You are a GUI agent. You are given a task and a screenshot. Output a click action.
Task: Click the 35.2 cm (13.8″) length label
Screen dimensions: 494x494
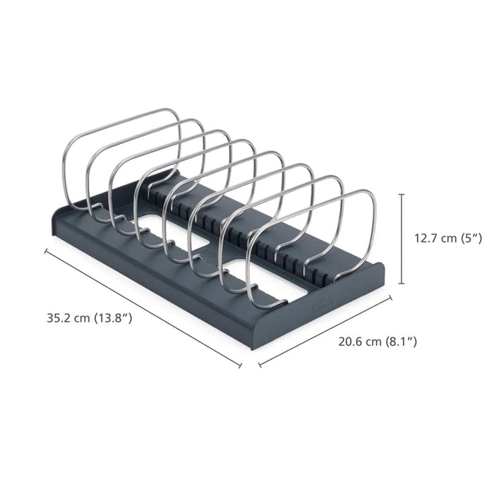pos(90,318)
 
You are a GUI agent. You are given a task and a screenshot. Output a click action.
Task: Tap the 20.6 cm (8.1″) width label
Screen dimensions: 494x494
pos(378,342)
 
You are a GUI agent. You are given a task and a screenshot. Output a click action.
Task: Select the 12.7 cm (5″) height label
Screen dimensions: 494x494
pos(447,239)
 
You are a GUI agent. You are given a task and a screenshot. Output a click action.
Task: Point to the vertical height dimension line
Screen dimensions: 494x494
pos(402,239)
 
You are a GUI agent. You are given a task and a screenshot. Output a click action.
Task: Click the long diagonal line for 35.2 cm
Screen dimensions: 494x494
pos(143,308)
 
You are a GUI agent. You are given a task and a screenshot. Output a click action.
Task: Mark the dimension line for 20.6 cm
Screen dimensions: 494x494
pos(325,331)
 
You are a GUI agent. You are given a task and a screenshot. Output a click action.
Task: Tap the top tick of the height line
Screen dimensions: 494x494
pos(402,195)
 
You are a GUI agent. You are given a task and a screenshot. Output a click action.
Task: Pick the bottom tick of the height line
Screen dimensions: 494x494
pos(402,284)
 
